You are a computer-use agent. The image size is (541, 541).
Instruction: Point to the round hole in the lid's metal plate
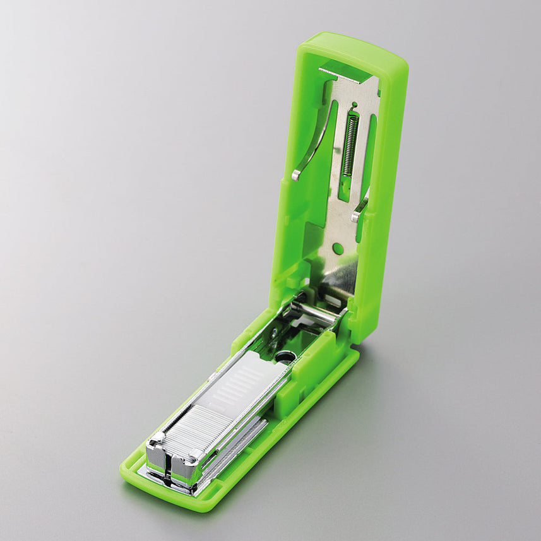338,248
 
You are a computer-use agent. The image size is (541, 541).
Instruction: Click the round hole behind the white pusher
286,358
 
